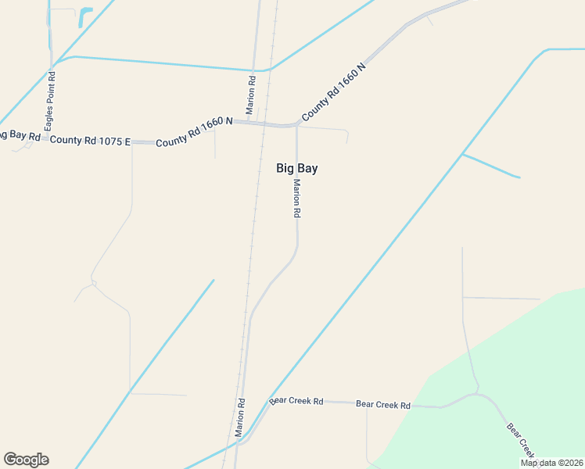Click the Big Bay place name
296,168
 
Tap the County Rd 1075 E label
90,141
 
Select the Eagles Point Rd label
50,102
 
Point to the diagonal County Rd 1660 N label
334,91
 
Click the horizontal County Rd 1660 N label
194,132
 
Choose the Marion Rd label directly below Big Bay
297,199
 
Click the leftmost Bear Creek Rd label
296,401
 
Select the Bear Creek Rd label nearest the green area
383,405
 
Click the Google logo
26,460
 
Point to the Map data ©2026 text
551,463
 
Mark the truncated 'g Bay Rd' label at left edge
20,135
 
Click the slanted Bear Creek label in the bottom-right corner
521,441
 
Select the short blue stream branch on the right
491,166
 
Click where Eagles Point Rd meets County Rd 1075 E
52,139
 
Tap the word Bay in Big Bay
307,168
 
